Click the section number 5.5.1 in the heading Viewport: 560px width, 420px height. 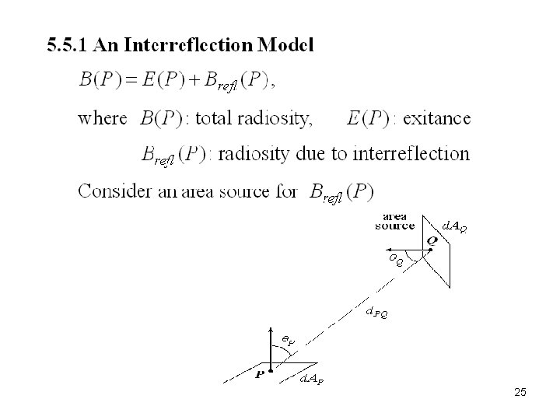(x=66, y=44)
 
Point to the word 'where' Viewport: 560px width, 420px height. (x=102, y=118)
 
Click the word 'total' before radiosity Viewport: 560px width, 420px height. (x=213, y=118)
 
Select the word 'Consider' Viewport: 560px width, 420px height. (x=110, y=191)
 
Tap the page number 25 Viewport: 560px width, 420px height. (x=520, y=393)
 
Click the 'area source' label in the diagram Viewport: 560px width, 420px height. (x=395, y=222)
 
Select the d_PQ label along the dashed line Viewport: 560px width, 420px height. (x=376, y=313)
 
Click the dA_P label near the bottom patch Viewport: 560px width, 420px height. (x=313, y=380)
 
